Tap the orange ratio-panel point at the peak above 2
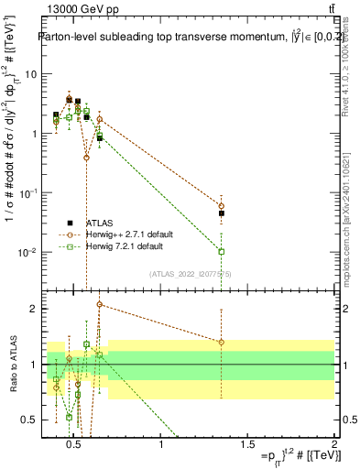pos(99,304)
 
